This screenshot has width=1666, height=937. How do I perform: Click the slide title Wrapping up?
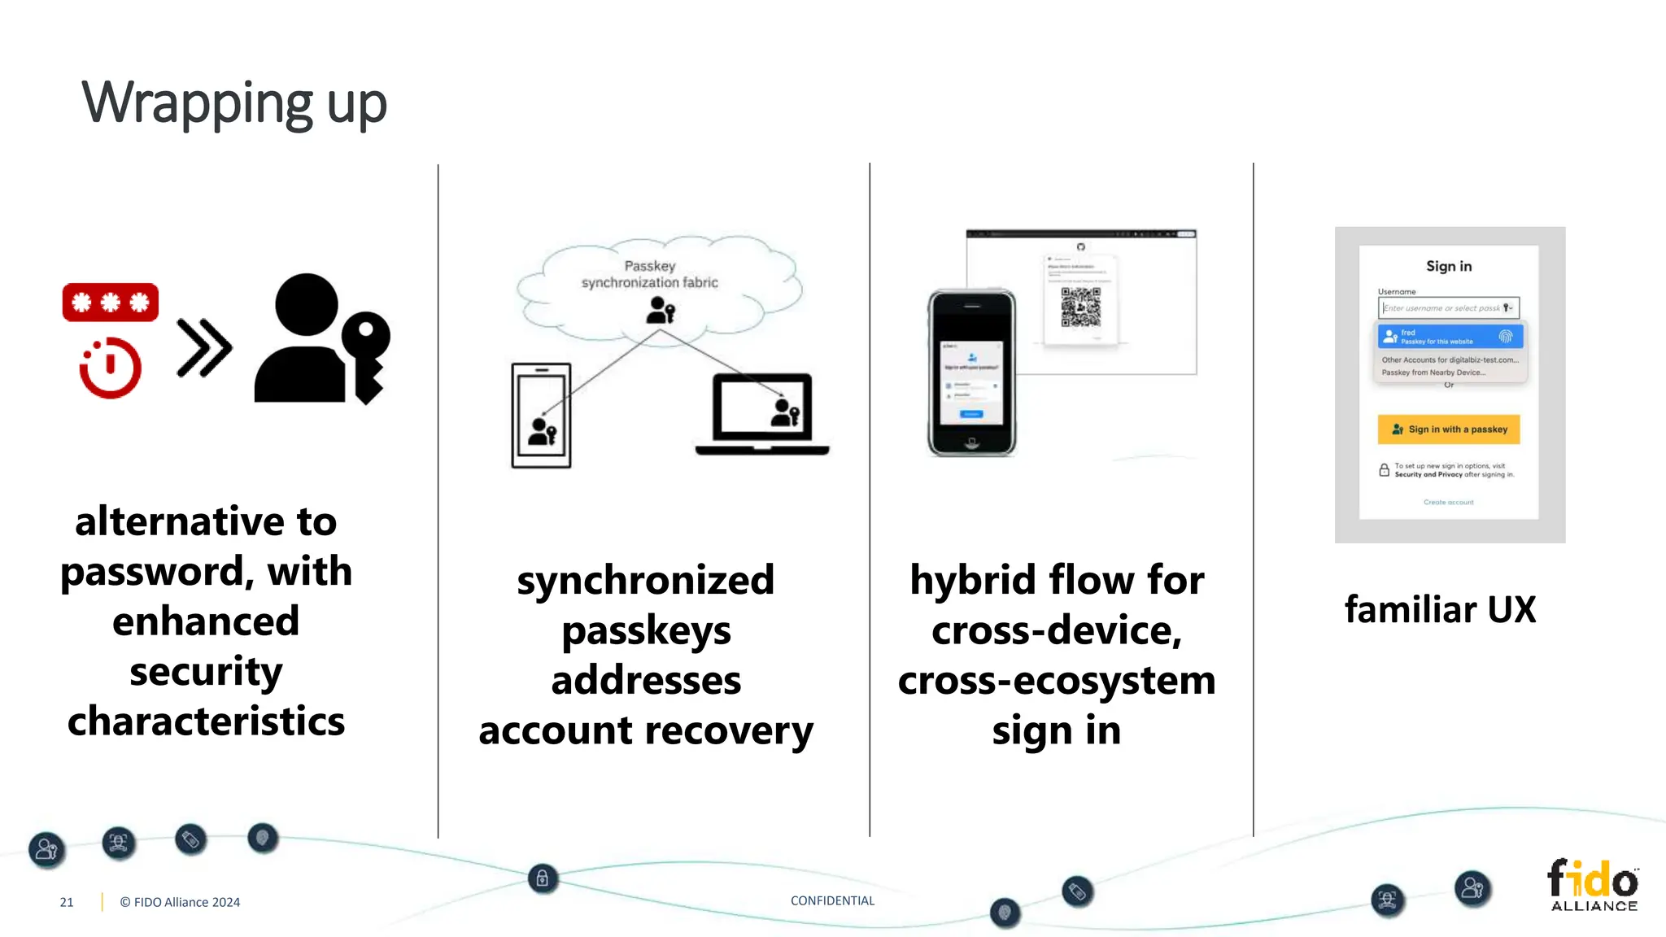pos(234,104)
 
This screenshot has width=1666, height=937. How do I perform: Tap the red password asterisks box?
pos(111,303)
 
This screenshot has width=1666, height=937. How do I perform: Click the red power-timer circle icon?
pos(111,368)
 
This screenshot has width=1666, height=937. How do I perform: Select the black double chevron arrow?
pos(204,348)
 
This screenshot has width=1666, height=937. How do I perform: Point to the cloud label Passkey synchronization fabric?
pos(649,274)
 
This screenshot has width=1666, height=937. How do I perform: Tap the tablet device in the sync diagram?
pos(541,416)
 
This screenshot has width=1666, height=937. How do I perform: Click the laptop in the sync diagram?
pos(762,414)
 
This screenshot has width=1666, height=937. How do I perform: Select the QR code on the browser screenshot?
pos(1080,307)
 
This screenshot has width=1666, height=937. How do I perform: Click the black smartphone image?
pos(972,373)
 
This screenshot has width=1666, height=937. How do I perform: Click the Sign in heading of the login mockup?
pos(1449,266)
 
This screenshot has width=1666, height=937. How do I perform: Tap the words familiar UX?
pos(1440,609)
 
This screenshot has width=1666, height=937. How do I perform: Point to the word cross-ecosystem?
pos(1057,681)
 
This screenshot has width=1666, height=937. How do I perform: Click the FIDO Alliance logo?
pos(1593,885)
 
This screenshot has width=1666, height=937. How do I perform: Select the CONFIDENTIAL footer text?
pos(832,900)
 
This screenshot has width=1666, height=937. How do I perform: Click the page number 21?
pos(67,902)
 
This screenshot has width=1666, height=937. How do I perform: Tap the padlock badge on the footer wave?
pos(543,878)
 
